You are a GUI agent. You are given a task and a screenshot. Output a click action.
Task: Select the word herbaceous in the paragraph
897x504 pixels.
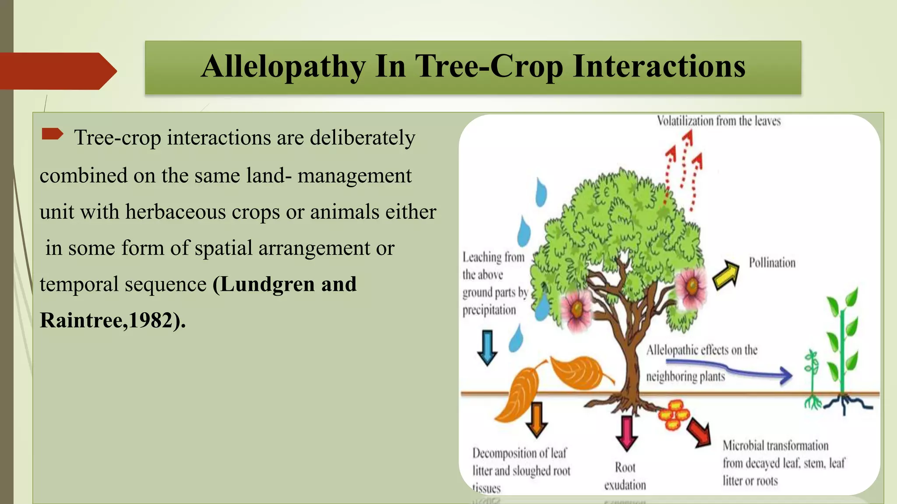[x=175, y=212]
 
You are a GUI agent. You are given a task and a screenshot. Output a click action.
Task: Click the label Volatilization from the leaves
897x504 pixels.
[x=718, y=121]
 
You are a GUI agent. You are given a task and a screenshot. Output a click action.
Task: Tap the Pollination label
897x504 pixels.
[x=772, y=263]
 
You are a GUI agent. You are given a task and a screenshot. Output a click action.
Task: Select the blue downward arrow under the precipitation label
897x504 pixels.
[x=487, y=347]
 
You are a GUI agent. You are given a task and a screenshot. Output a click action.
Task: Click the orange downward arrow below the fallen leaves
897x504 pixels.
[x=536, y=420]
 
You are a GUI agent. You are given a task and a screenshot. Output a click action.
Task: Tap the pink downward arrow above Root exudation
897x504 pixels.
[x=626, y=433]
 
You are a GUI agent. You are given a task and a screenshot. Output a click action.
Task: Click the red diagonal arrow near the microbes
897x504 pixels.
[x=699, y=433]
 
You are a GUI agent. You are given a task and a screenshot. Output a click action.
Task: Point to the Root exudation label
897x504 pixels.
[x=625, y=476]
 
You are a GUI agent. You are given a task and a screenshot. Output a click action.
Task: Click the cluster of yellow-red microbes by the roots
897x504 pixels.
[x=674, y=414]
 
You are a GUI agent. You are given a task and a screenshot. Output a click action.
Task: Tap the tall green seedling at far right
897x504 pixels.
[x=842, y=346]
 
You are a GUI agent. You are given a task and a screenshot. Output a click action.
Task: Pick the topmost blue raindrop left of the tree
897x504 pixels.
[x=541, y=192]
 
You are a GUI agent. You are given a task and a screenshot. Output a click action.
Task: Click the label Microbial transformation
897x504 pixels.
[x=775, y=446]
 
